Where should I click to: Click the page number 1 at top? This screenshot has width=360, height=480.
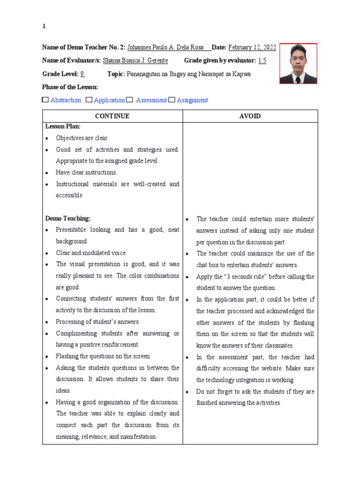coord(44,27)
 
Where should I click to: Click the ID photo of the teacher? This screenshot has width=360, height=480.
coord(298,63)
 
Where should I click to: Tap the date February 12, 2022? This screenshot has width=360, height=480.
coord(252,47)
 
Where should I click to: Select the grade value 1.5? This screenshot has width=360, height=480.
coord(262,60)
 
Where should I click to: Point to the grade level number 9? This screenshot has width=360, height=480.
coord(82,74)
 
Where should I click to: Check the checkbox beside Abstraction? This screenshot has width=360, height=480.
coord(45,100)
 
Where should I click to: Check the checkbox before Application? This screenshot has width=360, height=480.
coord(89,100)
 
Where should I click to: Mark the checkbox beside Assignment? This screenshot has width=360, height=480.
coord(172,100)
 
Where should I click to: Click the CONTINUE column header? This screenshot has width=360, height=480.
coord(112,116)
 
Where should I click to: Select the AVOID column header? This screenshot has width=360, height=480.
coord(250,116)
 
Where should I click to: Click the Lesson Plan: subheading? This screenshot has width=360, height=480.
coord(63,127)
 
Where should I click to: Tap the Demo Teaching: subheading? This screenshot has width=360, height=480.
coord(67,218)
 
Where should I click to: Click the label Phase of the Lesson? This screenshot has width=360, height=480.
coord(70,87)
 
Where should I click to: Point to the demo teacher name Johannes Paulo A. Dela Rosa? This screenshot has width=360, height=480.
coord(167,47)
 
